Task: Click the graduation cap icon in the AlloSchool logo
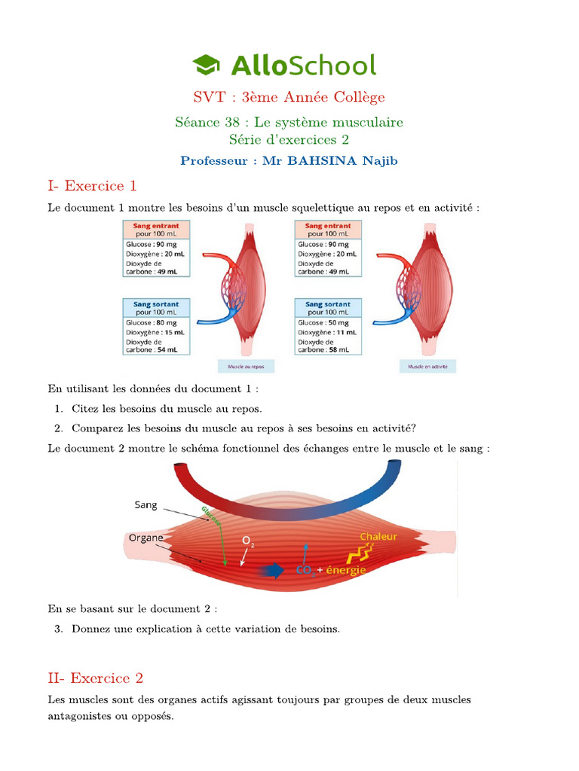pyautogui.click(x=206, y=65)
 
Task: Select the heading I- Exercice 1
pyautogui.click(x=92, y=186)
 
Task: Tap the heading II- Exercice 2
pyautogui.click(x=95, y=678)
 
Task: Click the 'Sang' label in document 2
pyautogui.click(x=146, y=505)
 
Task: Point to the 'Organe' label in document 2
pyautogui.click(x=146, y=538)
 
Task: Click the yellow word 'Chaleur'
pyautogui.click(x=378, y=537)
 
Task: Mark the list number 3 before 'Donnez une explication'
pyautogui.click(x=58, y=629)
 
